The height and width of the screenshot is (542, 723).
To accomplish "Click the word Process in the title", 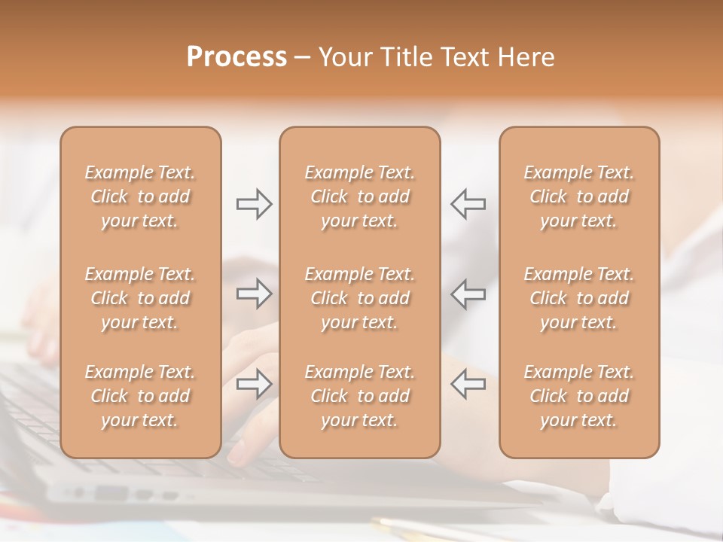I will pyautogui.click(x=236, y=57).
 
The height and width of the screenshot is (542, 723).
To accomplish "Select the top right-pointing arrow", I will pyautogui.click(x=254, y=204).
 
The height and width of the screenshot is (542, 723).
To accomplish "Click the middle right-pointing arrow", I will pyautogui.click(x=254, y=294).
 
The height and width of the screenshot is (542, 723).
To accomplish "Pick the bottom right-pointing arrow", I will pyautogui.click(x=254, y=383).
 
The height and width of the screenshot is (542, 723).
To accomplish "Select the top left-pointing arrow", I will pyautogui.click(x=468, y=204).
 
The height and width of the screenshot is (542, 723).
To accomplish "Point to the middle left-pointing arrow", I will pyautogui.click(x=468, y=294).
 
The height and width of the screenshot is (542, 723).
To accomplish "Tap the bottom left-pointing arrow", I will pyautogui.click(x=468, y=383).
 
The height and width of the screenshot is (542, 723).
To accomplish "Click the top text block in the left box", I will pyautogui.click(x=140, y=196).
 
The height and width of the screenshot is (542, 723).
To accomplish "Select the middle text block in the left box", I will pyautogui.click(x=140, y=298).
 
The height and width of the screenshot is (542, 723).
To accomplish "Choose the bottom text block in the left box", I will pyautogui.click(x=140, y=396).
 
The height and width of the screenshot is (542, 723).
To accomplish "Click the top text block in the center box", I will pyautogui.click(x=360, y=196).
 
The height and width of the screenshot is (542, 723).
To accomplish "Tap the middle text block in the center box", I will pyautogui.click(x=360, y=298).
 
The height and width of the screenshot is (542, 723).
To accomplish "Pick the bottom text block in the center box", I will pyautogui.click(x=360, y=396).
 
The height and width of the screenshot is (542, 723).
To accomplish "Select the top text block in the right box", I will pyautogui.click(x=579, y=196).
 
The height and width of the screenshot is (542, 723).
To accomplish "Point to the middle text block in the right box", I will pyautogui.click(x=579, y=298).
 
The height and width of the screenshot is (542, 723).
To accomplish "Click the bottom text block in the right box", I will pyautogui.click(x=579, y=396).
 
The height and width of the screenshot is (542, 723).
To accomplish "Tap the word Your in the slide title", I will pyautogui.click(x=343, y=57).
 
